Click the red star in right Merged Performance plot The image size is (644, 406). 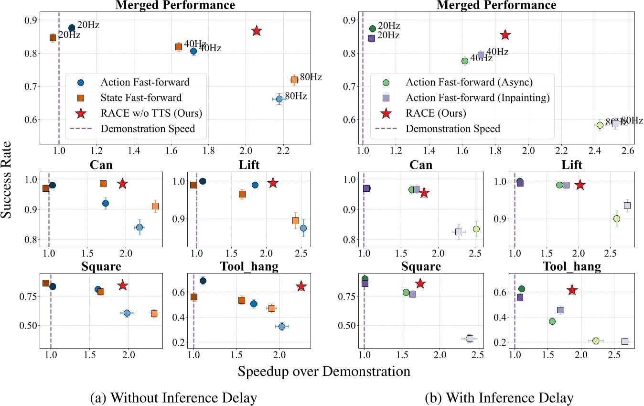coord(505,35)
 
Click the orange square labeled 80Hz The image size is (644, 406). coord(294,80)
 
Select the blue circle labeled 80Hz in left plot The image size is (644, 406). coord(279,99)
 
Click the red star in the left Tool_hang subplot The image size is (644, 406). coord(301,286)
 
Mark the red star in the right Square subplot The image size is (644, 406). coord(420,284)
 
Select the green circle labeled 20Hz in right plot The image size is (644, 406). coord(373,29)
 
